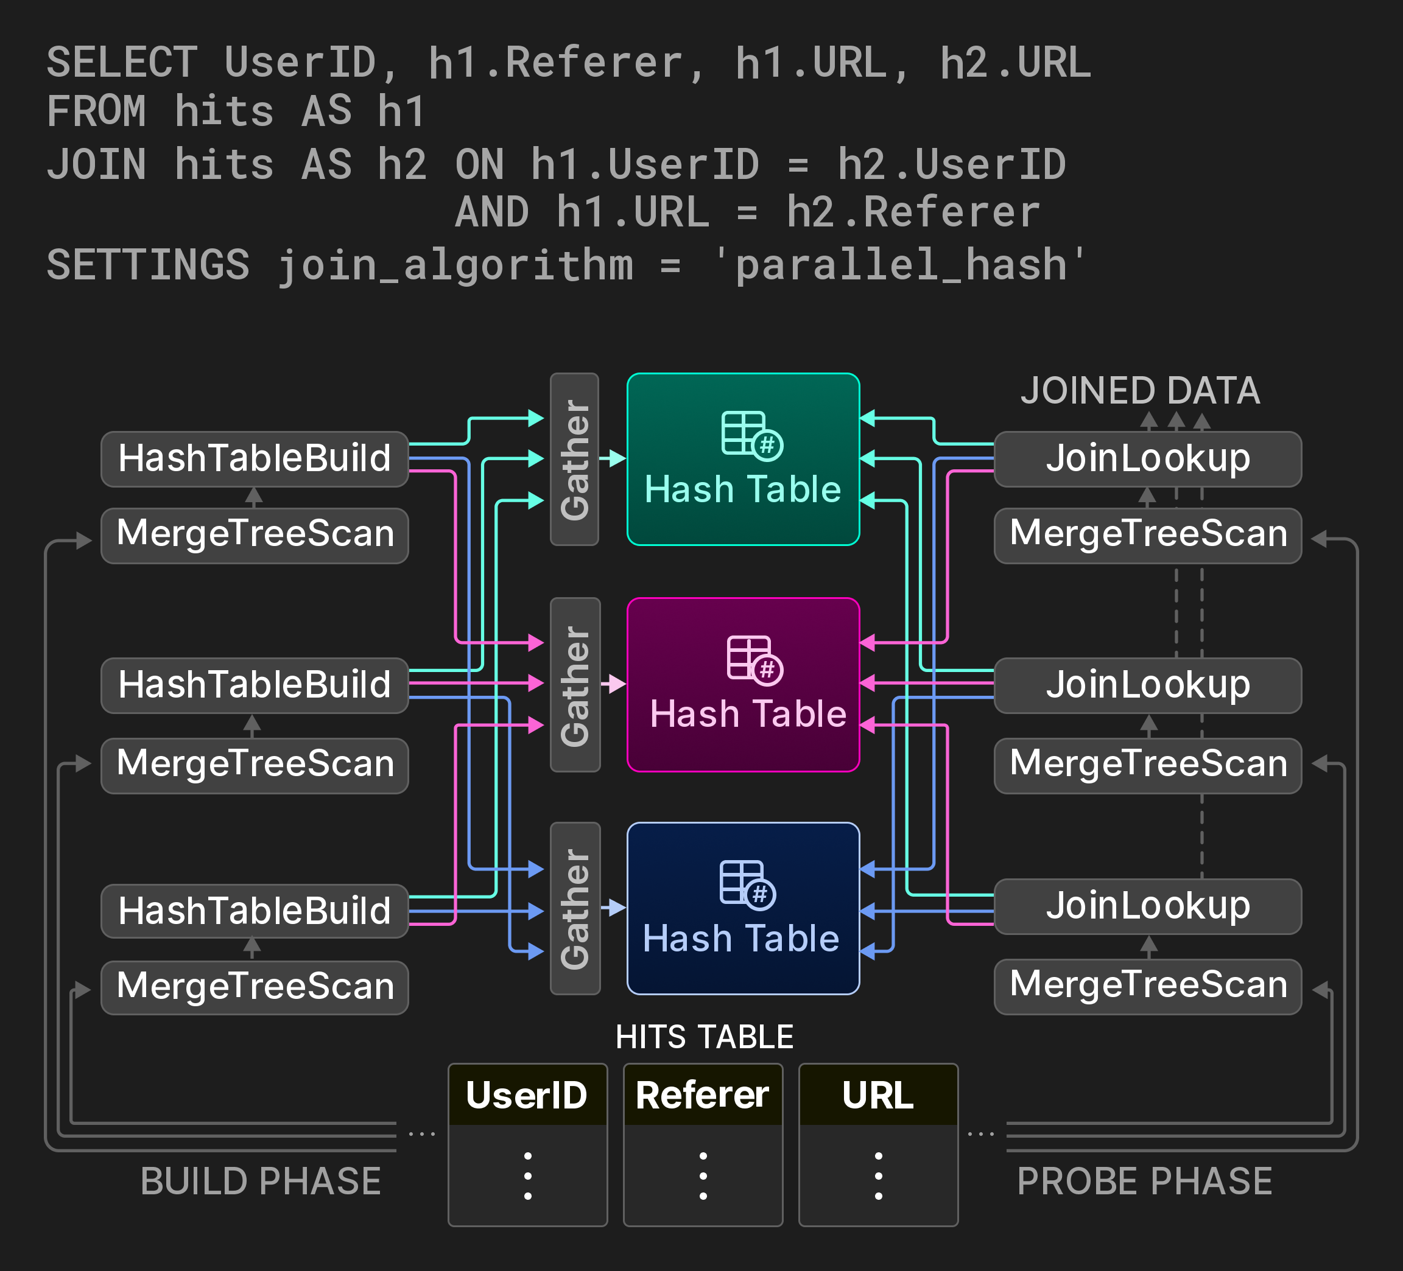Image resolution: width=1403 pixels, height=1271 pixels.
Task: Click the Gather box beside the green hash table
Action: pos(575,459)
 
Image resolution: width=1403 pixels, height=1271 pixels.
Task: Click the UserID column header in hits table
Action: pos(527,1095)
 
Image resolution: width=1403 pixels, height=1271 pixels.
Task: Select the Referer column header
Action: pos(702,1095)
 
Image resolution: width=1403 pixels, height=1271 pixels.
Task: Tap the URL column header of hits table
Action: pos(877,1095)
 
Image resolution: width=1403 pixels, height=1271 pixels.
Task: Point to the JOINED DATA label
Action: pos(1140,391)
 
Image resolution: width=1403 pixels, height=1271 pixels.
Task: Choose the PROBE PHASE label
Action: pos(1145,1182)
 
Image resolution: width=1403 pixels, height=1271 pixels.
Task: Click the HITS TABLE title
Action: pos(705,1037)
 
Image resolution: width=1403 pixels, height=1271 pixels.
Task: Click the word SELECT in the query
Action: pos(122,63)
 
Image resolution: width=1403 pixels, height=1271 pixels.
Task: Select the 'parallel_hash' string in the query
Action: pos(901,266)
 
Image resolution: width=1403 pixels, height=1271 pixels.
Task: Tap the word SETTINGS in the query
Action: pos(148,266)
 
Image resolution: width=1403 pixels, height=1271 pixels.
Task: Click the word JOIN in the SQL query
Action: pos(97,165)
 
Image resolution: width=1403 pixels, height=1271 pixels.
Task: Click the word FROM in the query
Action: pos(97,111)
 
